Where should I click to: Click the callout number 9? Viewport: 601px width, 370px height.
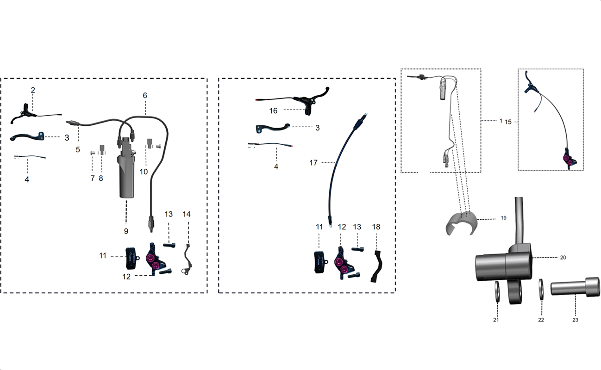point(126,231)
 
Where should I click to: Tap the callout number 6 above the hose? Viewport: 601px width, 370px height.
point(145,96)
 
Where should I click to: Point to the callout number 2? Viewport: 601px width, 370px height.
point(33,90)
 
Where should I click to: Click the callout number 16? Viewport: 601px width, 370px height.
point(273,111)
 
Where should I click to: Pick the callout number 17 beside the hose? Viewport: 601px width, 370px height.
point(313,163)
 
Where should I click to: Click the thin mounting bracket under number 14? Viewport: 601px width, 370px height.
point(186,259)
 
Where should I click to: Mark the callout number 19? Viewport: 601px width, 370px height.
point(504,218)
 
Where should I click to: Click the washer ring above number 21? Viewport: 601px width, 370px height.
point(497,291)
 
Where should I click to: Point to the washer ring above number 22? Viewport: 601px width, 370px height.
point(541,289)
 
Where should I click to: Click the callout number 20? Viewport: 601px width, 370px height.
point(563,258)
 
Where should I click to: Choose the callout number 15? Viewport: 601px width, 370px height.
point(508,122)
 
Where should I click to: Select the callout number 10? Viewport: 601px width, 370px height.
point(144,172)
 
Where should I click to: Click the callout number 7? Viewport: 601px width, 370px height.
point(93,178)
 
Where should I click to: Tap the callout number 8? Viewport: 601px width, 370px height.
point(101,178)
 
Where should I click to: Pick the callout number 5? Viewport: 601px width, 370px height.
point(78,149)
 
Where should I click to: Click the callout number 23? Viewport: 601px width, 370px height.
point(575,320)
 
